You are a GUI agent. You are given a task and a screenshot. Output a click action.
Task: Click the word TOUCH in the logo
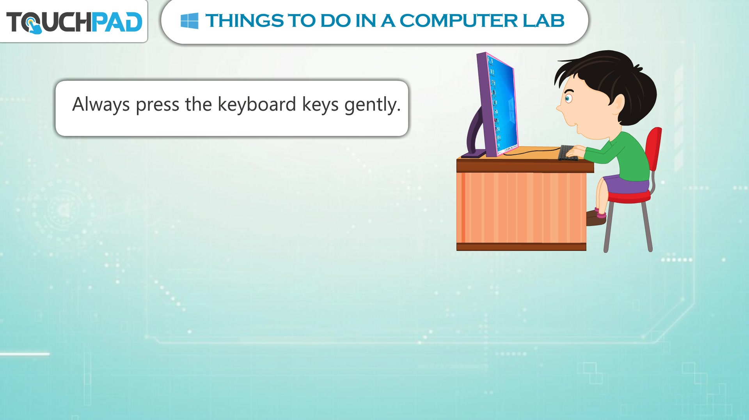[x=49, y=22]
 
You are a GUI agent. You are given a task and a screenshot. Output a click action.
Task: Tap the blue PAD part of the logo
[x=117, y=22]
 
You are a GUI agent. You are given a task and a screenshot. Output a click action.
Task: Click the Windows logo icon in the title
[x=190, y=21]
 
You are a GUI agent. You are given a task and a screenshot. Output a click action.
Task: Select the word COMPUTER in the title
[x=458, y=21]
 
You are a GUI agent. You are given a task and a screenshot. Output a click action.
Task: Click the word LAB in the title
[x=543, y=21]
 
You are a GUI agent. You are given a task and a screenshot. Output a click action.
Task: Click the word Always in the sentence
[x=101, y=105]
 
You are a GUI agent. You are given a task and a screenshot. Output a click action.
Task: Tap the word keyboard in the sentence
[x=257, y=105]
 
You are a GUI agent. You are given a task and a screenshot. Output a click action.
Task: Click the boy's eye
[x=568, y=97]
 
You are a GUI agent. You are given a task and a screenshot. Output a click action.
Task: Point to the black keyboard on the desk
[x=568, y=152]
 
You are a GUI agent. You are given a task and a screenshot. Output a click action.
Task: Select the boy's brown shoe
[x=596, y=217]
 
